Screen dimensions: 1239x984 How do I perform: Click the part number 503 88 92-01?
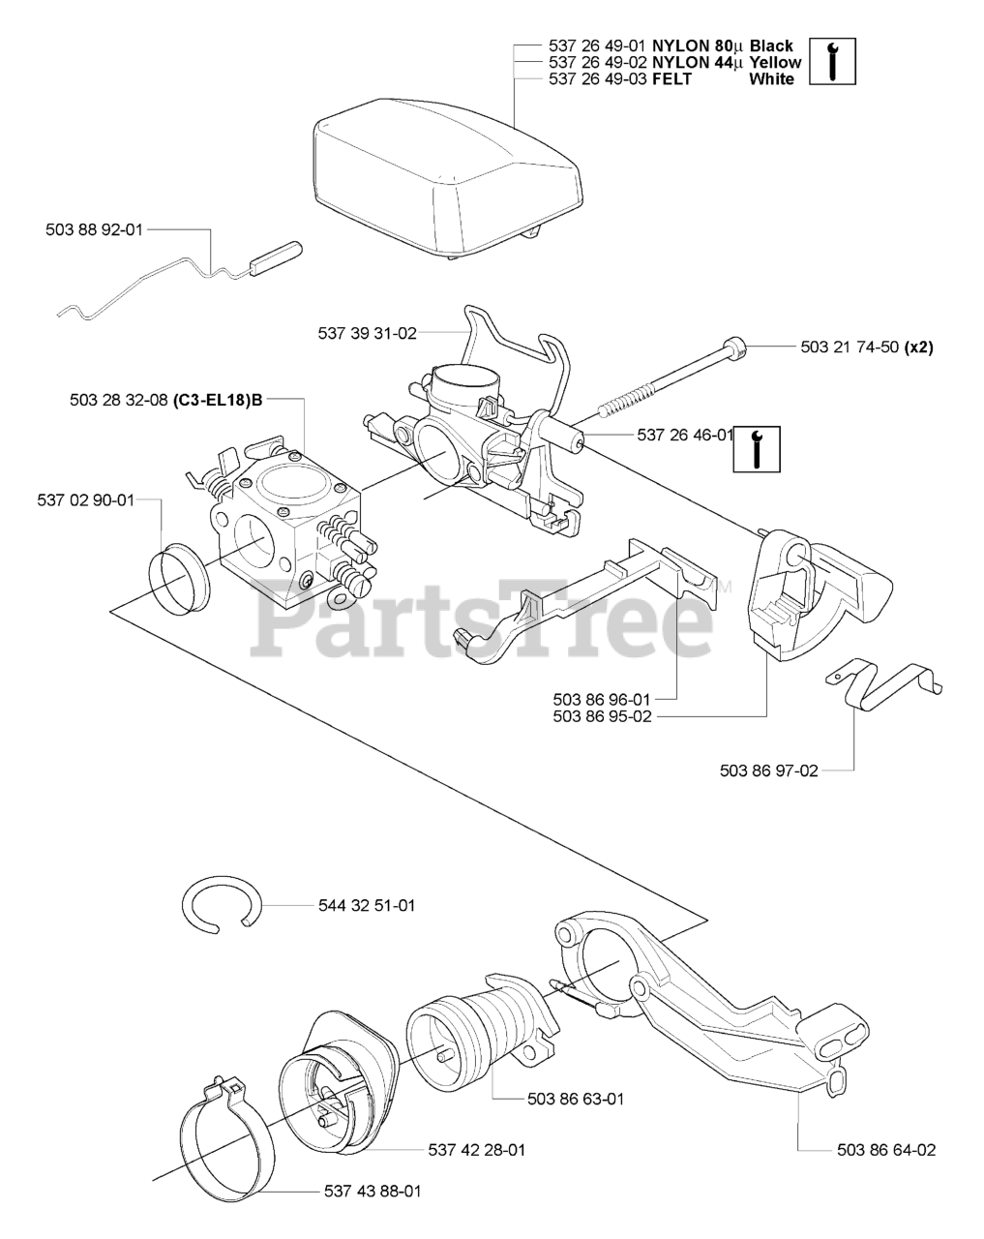[x=94, y=229]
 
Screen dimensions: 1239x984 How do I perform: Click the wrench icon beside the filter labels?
[x=832, y=61]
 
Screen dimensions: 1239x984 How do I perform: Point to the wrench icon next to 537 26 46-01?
[x=757, y=447]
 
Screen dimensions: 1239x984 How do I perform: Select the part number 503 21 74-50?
[x=850, y=348]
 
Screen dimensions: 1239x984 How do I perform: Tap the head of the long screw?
[x=737, y=346]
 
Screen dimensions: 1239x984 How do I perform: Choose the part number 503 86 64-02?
[x=887, y=1150]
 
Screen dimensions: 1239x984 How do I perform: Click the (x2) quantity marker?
[x=918, y=348]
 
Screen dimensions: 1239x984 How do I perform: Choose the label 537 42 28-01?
[x=476, y=1150]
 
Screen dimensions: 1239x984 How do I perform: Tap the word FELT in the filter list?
[x=672, y=79]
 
